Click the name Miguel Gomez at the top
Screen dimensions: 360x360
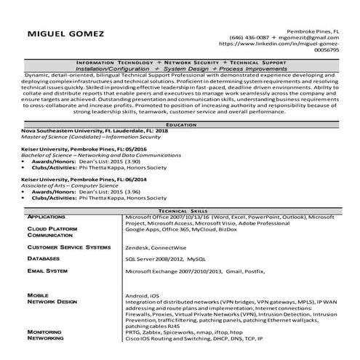(x=66, y=34)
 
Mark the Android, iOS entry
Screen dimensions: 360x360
(x=143, y=296)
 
